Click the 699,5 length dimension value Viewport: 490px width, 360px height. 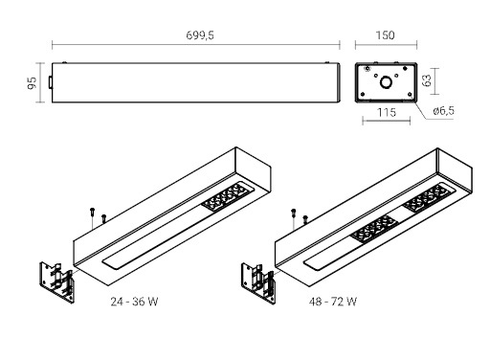coord(200,35)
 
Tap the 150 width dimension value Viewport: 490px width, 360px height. coord(386,35)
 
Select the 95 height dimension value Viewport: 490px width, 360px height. coord(33,83)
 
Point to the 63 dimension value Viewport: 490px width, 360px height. coord(427,80)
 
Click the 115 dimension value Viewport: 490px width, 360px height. coord(387,112)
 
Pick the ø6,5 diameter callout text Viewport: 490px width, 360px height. coord(444,111)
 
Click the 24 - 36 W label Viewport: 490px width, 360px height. coord(134,302)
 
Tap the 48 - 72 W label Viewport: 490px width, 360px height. coord(333,302)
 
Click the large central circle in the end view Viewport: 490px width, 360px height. coord(387,82)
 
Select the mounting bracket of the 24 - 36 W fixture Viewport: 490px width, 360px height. coord(56,282)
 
